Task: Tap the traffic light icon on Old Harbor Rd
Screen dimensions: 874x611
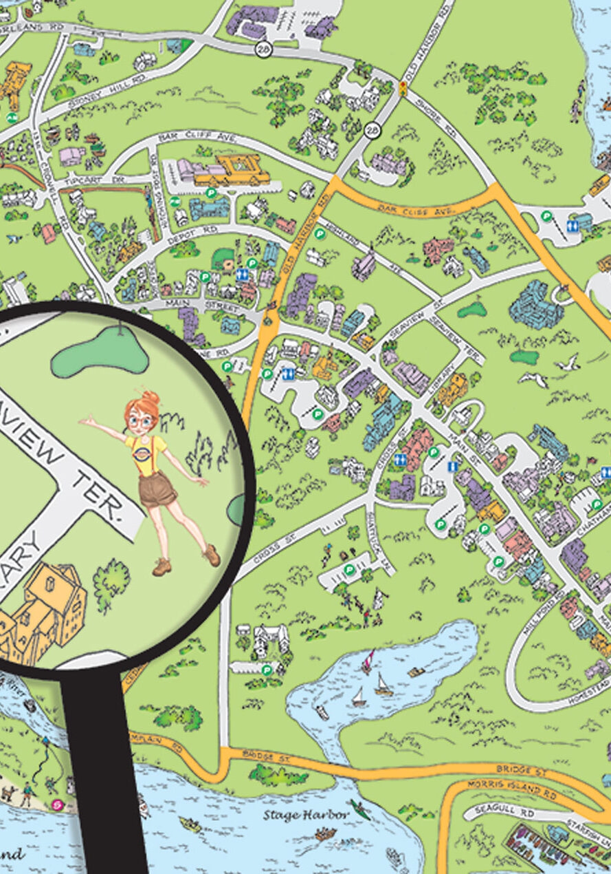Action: [403, 87]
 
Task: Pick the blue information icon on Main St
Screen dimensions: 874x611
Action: [452, 467]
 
